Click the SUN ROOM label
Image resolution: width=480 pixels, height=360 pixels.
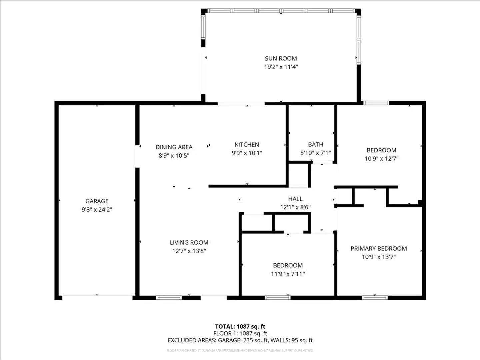pos(281,58)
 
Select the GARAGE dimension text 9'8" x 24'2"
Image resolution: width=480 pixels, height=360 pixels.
pos(97,210)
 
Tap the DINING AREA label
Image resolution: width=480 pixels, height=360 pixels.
pos(174,147)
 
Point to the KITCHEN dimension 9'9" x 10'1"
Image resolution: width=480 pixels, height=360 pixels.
pos(247,153)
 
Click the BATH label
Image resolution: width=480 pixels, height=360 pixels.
pos(315,144)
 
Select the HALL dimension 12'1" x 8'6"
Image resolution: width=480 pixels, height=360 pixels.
pos(295,207)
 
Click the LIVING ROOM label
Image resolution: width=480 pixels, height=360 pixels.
pos(189,242)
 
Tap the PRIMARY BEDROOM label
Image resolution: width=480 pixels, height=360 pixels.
pos(378,248)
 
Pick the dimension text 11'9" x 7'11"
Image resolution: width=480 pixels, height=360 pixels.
pos(288,274)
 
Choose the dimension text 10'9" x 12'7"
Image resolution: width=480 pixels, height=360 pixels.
pos(381,159)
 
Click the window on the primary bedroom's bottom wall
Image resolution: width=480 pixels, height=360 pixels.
pos(375,297)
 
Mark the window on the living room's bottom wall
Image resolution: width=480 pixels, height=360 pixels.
pos(169,297)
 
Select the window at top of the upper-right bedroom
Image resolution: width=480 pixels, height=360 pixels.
pos(376,103)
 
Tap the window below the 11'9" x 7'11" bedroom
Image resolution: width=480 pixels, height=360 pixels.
pos(277,297)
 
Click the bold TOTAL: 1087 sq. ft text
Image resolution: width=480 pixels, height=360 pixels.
pos(240,326)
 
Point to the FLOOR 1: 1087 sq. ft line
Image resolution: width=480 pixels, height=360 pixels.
pos(240,333)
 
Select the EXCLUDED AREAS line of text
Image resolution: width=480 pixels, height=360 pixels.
pos(240,340)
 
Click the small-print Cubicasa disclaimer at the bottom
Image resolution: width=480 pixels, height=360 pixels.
pos(240,350)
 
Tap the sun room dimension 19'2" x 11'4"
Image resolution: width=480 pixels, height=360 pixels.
pos(281,67)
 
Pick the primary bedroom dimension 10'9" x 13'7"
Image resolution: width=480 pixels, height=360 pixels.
pos(378,257)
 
